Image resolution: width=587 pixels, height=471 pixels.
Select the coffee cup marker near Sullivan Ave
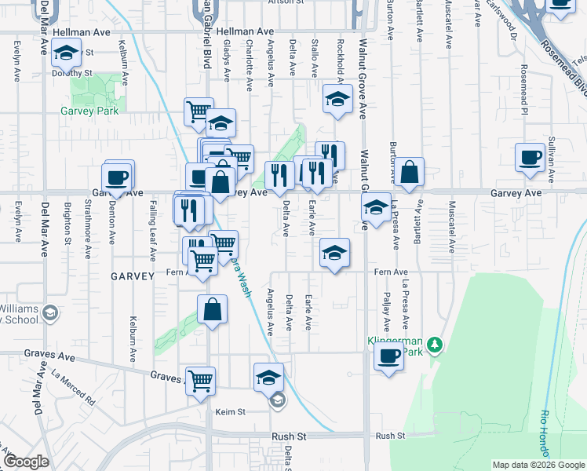(530, 157)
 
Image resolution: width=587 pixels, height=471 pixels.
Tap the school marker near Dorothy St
(67, 54)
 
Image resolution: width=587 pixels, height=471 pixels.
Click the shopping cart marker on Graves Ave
(201, 381)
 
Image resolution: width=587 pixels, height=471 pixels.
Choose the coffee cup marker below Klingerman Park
(388, 357)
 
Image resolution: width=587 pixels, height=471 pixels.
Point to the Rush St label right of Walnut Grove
(389, 436)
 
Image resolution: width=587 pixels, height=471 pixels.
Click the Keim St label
(231, 411)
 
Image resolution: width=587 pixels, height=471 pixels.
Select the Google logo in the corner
(26, 462)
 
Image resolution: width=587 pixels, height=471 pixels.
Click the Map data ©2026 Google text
(538, 465)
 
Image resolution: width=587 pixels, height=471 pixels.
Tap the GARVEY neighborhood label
(128, 276)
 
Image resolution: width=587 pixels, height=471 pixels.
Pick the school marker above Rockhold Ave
(337, 99)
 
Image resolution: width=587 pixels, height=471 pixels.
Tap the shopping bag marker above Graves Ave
(212, 309)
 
